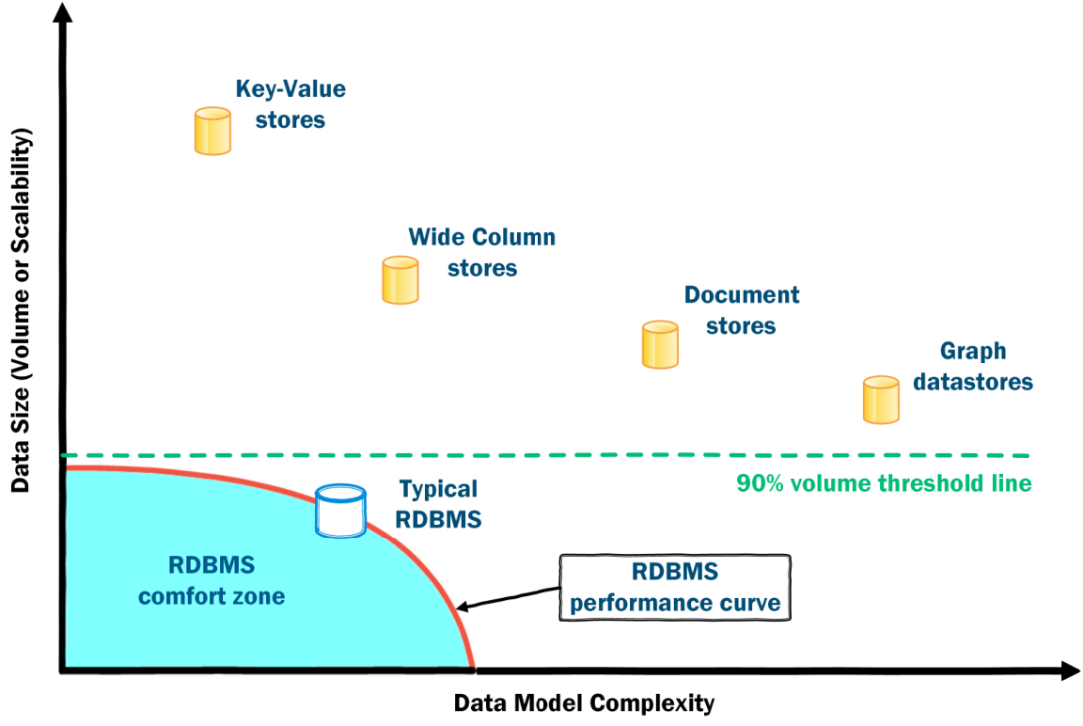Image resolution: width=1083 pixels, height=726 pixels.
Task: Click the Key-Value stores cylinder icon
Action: [x=212, y=132]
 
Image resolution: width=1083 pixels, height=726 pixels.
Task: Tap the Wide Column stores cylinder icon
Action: [x=400, y=280]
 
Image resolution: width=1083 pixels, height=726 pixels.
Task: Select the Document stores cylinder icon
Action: [x=660, y=345]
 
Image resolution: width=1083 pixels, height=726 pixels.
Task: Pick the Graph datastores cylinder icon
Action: [x=881, y=400]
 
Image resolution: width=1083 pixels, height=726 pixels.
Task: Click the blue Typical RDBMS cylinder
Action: [x=340, y=512]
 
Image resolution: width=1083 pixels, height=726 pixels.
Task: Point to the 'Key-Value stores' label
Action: [x=290, y=104]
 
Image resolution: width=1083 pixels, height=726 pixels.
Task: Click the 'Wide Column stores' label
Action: [x=482, y=252]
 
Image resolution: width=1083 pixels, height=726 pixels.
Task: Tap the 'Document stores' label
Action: [x=741, y=310]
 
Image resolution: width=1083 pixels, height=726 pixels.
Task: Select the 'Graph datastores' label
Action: [x=972, y=366]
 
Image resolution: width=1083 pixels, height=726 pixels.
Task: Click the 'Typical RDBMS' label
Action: [x=438, y=504]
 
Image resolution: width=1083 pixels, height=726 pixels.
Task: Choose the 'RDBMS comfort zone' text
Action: [x=212, y=580]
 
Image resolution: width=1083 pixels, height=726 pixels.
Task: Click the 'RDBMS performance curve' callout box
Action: [x=675, y=588]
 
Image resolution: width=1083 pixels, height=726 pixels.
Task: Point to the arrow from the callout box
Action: [x=509, y=598]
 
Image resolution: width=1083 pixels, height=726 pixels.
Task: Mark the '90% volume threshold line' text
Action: [x=884, y=482]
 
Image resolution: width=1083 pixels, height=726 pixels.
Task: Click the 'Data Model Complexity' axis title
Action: [x=585, y=703]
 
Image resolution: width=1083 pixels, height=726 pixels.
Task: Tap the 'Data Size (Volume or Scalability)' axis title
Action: [x=21, y=309]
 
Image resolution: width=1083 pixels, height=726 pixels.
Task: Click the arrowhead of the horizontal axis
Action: [x=1070, y=671]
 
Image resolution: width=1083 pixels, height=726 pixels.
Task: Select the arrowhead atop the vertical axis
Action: [x=62, y=11]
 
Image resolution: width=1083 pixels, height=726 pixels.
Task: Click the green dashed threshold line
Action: [x=545, y=455]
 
